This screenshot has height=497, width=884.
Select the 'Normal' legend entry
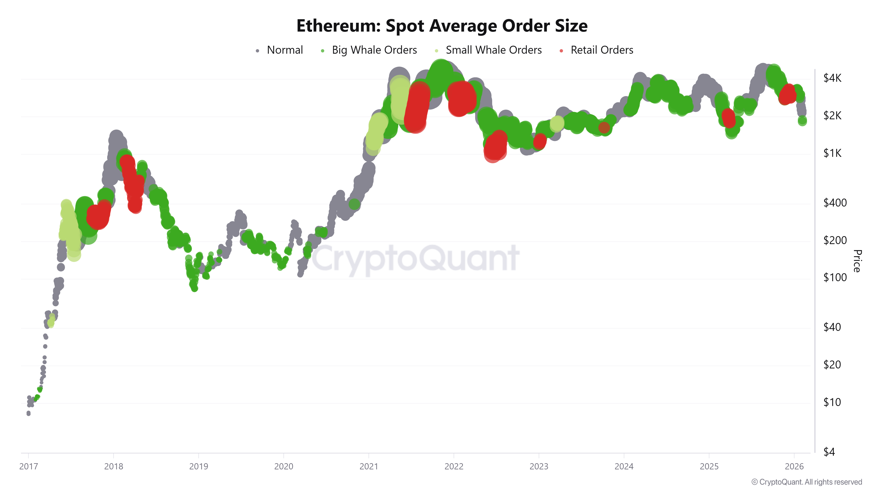tap(284, 50)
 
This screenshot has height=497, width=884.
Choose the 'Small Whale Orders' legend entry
tap(493, 50)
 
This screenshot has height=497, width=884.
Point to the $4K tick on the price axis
tap(832, 78)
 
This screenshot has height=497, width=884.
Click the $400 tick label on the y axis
tap(834, 203)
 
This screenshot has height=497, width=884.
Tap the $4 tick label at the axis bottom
tap(829, 452)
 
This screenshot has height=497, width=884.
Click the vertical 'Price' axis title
tap(857, 261)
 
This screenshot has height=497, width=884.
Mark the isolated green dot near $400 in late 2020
tap(354, 204)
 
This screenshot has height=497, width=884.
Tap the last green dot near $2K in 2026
tap(802, 121)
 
